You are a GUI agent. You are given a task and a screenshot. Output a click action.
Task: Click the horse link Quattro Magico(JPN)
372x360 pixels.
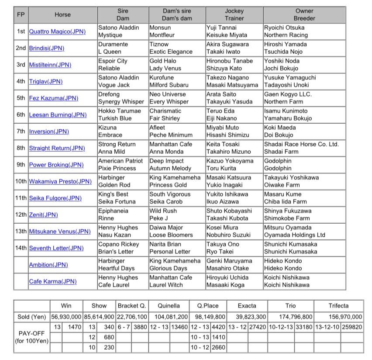[x=57, y=31]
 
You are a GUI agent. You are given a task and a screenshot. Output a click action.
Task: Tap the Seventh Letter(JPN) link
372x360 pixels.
[x=56, y=248]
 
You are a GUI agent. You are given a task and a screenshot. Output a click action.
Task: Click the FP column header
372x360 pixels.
[x=21, y=14]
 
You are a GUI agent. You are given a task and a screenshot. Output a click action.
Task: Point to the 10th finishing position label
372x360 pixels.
[x=21, y=181]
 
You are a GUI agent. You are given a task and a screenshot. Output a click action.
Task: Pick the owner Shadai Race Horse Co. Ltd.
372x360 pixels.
[x=301, y=144]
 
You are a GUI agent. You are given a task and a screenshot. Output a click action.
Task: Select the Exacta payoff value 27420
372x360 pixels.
[x=259, y=327]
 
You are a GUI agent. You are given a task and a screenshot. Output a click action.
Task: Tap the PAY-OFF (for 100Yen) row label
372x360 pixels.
[x=31, y=337]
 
